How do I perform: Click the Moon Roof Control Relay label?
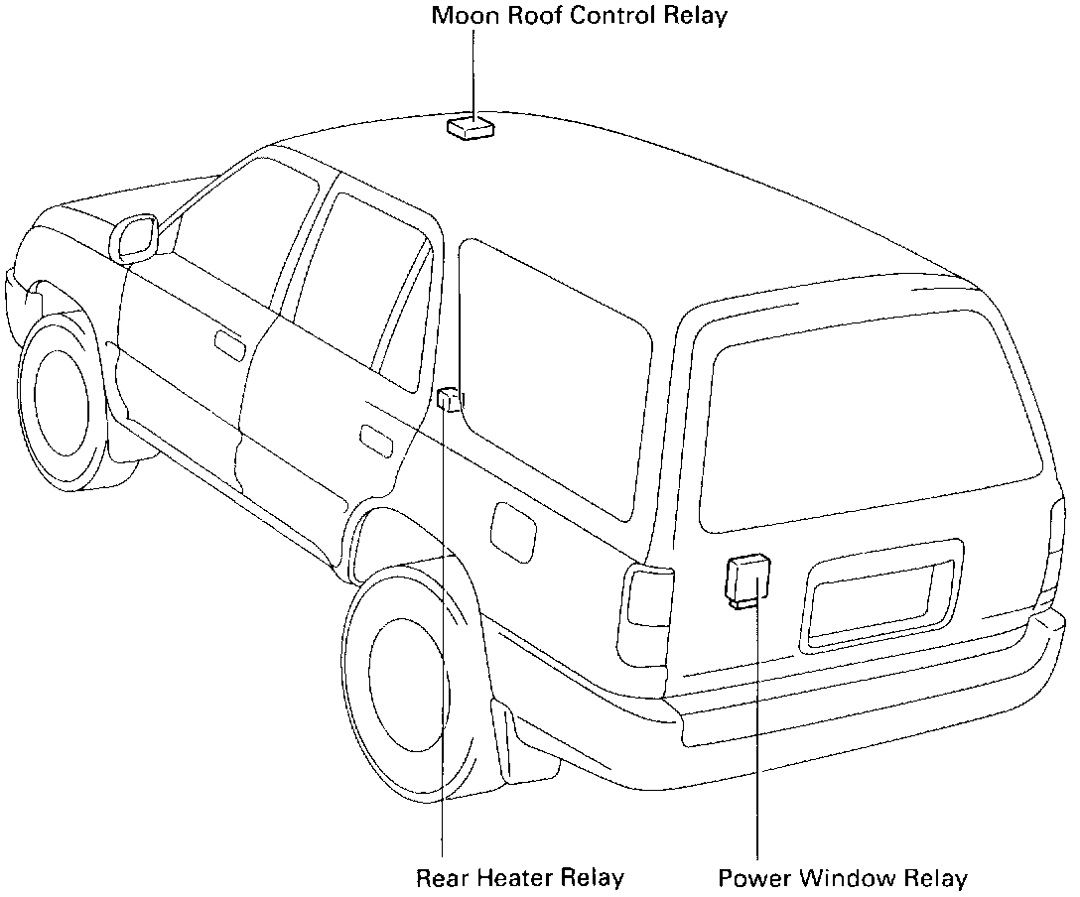[579, 16]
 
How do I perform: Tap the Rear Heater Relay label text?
[519, 878]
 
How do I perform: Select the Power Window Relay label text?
[842, 878]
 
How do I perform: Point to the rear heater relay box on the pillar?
[450, 399]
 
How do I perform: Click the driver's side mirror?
[136, 238]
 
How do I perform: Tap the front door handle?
[229, 344]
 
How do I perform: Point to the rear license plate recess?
[878, 602]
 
